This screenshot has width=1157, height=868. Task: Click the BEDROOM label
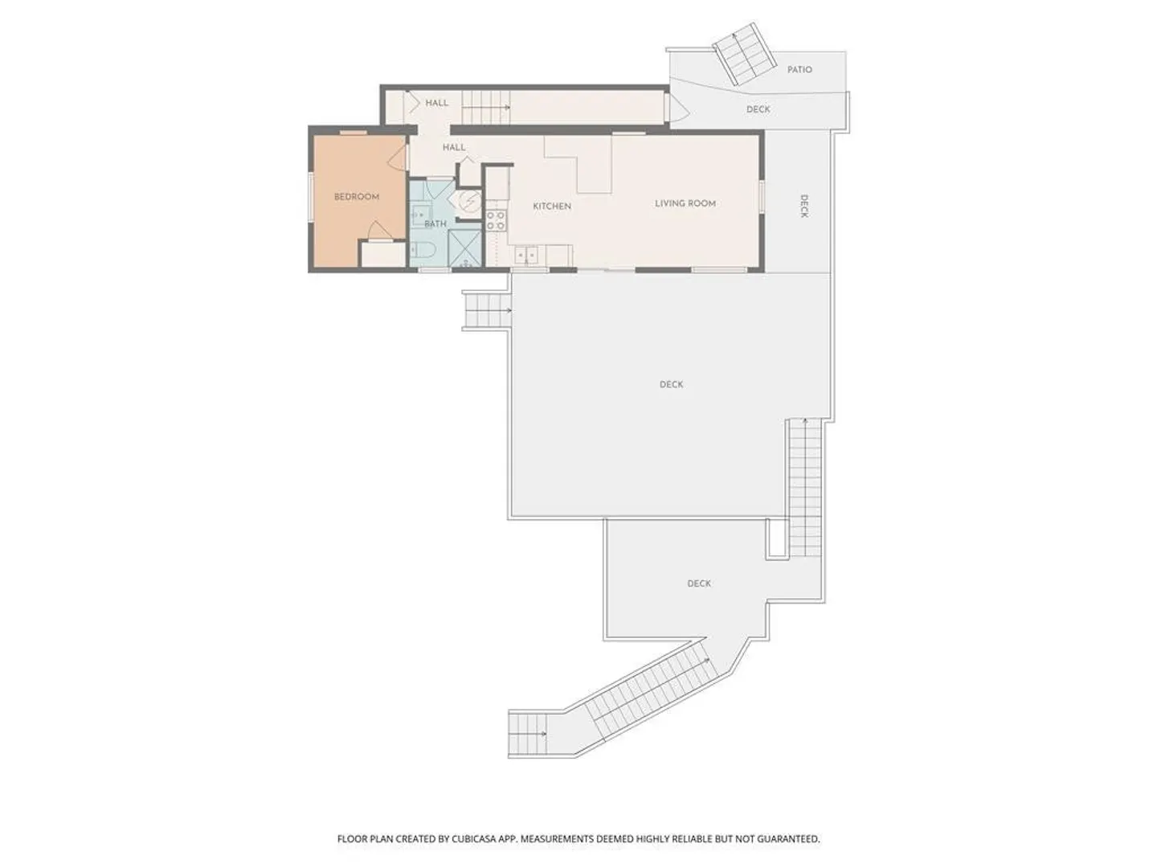coord(356,197)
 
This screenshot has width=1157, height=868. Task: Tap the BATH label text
coord(435,224)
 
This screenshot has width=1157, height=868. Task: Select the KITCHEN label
coord(552,206)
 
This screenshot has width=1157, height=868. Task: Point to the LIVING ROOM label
coord(685,203)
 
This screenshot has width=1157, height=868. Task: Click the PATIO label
coord(799,70)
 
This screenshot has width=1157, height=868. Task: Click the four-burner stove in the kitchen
coord(496,221)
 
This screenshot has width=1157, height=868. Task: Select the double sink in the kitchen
coord(526,256)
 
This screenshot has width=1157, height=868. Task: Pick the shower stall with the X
coord(464,249)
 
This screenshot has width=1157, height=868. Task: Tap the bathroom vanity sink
coord(420,215)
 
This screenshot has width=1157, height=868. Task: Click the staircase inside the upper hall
coord(486,107)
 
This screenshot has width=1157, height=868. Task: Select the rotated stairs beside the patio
coord(744,53)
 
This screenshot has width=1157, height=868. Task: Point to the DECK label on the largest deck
coord(671,385)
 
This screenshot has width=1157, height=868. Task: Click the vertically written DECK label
coord(803,206)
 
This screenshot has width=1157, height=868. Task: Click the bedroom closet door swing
coord(378,231)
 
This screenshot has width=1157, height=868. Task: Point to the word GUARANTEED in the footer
coord(789,838)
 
